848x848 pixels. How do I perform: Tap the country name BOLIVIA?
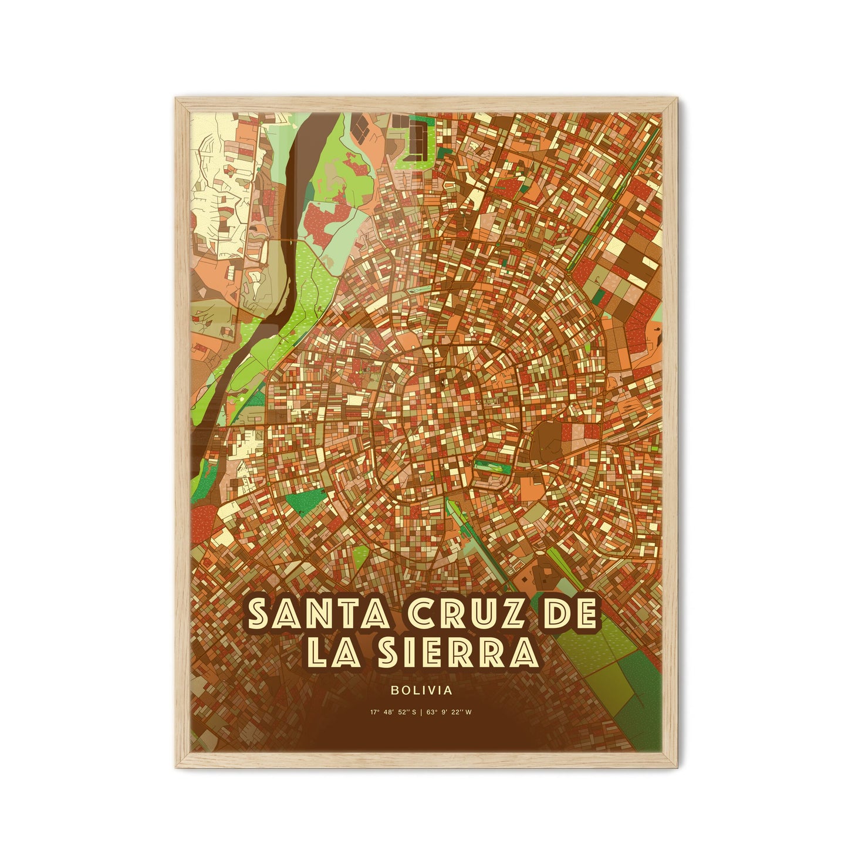(x=424, y=691)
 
